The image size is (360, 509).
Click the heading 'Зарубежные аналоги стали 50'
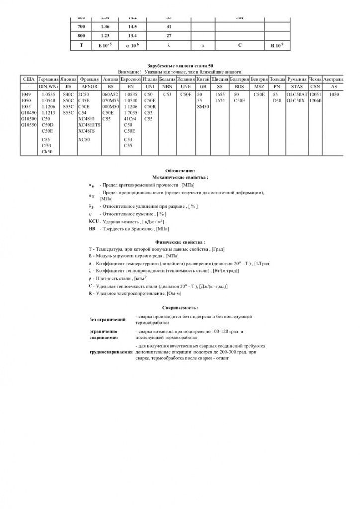180,66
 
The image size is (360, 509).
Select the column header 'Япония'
67,79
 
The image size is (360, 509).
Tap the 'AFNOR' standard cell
89,86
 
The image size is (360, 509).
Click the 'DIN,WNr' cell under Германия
48,86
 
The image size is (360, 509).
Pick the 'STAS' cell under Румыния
297,86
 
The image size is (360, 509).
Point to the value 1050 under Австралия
334,94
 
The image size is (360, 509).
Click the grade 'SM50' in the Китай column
202,107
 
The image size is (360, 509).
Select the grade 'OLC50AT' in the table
297,94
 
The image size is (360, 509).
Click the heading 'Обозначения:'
180,170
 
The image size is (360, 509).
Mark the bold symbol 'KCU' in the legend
94,221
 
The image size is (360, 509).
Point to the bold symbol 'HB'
92,229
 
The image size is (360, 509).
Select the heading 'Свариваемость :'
180,308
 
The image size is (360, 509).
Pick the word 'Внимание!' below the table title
128,72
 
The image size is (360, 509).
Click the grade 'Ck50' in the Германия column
47,151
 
